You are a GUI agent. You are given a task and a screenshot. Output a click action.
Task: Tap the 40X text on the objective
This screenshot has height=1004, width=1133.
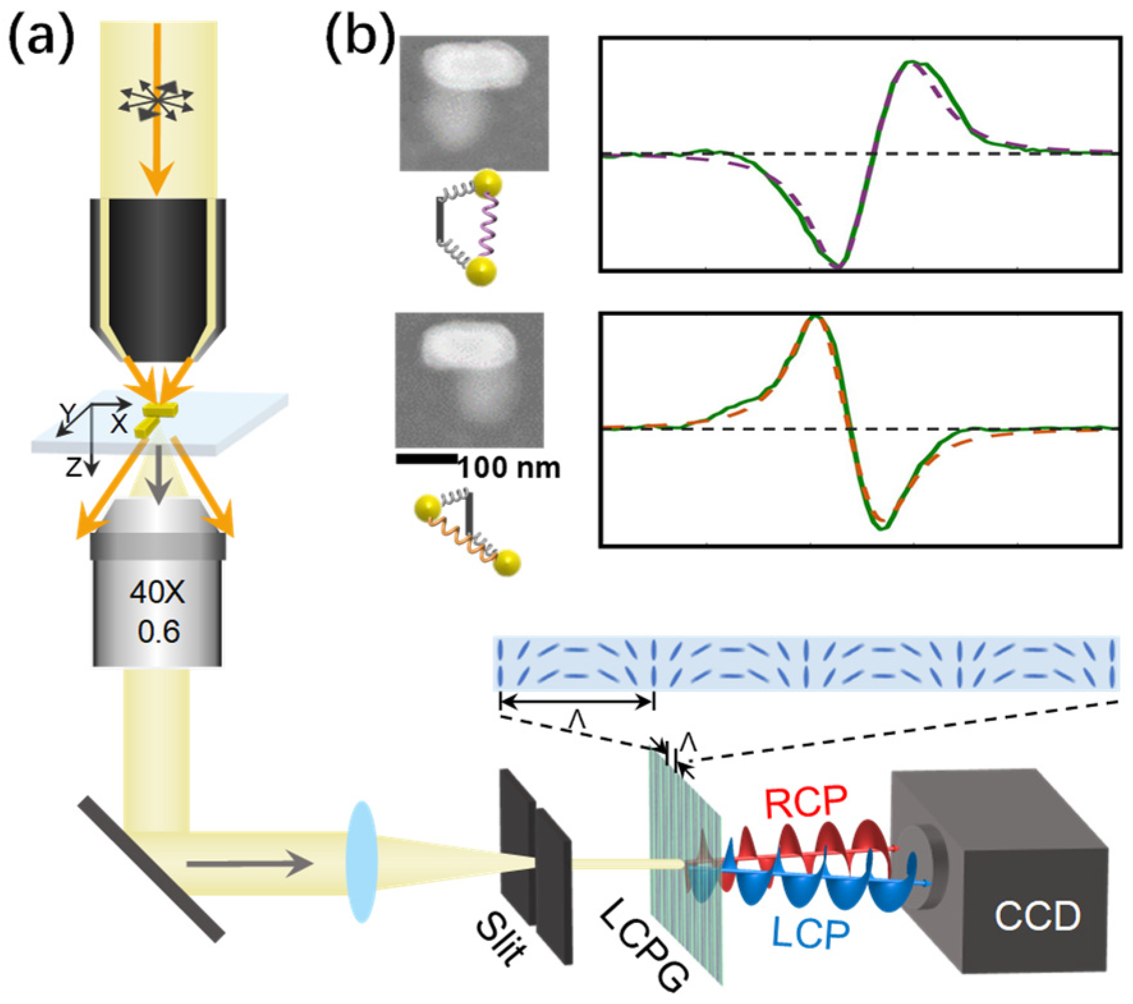pyautogui.click(x=157, y=594)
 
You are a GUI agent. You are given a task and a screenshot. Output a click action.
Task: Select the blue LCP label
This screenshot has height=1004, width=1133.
pyautogui.click(x=812, y=934)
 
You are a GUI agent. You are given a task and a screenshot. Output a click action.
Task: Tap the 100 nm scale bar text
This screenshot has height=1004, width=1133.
pyautogui.click(x=509, y=468)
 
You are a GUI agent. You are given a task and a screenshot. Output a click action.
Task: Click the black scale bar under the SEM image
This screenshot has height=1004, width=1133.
pyautogui.click(x=427, y=458)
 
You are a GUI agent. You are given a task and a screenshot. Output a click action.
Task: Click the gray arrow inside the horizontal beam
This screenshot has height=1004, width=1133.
pyautogui.click(x=249, y=865)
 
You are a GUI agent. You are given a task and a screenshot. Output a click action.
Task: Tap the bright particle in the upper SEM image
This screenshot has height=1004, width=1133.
pyautogui.click(x=474, y=64)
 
